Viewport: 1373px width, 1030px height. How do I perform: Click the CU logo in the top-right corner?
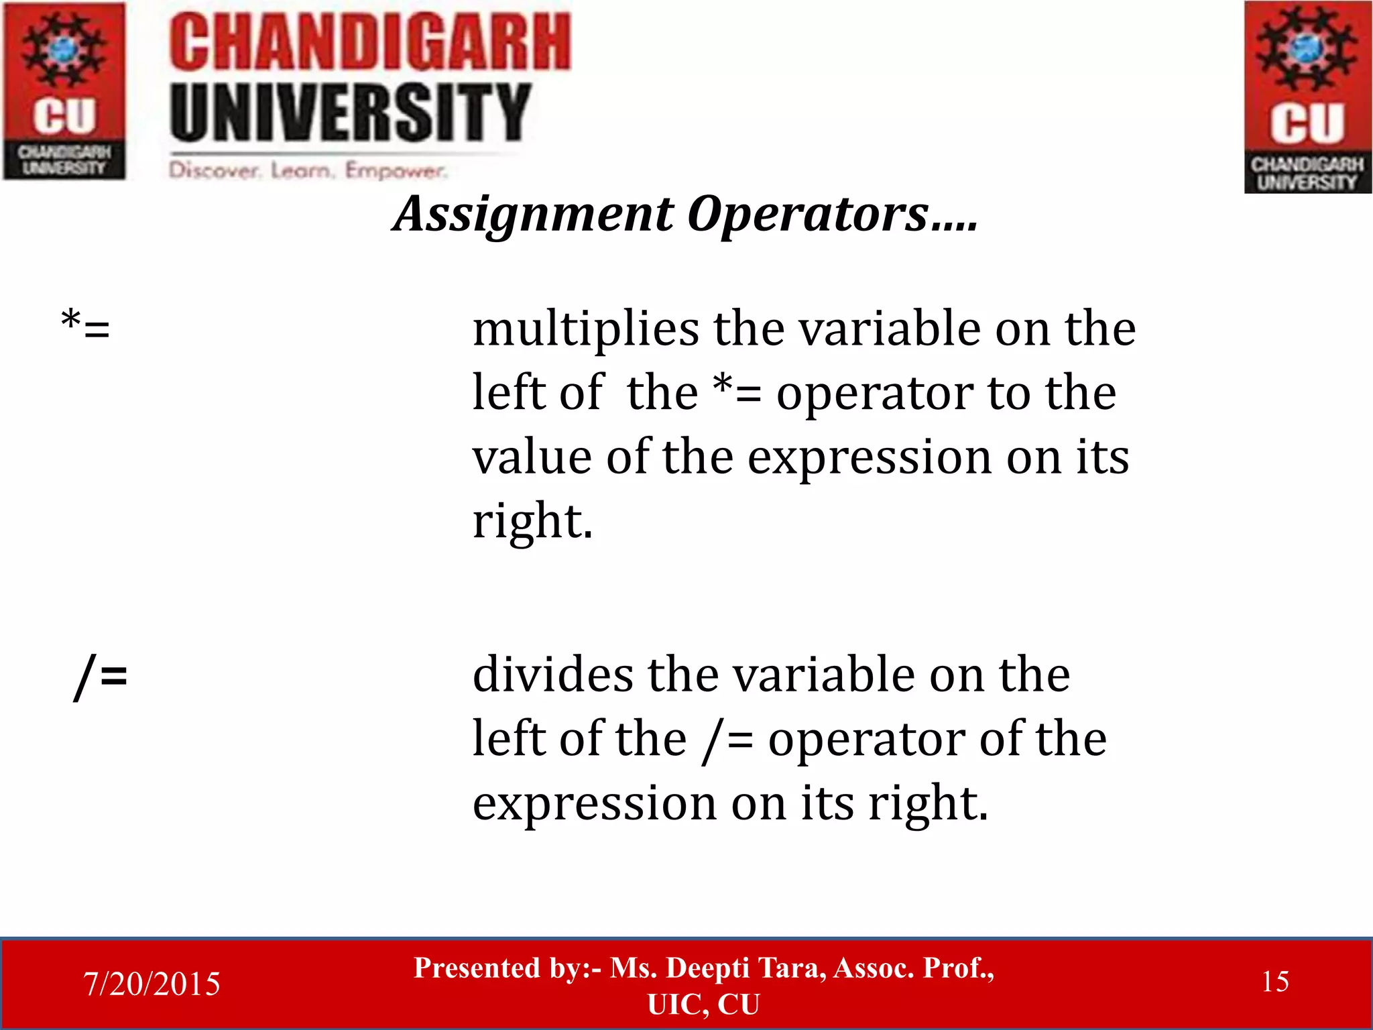[x=1307, y=97]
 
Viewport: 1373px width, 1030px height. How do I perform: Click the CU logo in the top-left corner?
[x=64, y=91]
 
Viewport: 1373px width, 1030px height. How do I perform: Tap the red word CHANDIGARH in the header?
[x=370, y=43]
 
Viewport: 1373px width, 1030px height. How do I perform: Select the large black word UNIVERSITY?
[x=350, y=112]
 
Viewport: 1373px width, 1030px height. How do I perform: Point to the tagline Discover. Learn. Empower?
[x=307, y=170]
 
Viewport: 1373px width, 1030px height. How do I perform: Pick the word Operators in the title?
[x=809, y=215]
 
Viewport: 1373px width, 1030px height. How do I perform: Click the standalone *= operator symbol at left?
[x=85, y=327]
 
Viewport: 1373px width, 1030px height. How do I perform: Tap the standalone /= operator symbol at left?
[x=101, y=676]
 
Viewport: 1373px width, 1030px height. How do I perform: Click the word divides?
[x=552, y=675]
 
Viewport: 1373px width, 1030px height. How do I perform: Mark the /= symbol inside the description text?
[x=727, y=740]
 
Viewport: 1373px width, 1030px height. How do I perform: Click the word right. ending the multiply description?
[x=532, y=521]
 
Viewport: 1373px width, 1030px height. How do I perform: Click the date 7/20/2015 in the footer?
[x=152, y=984]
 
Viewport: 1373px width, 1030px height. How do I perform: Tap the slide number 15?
[x=1274, y=982]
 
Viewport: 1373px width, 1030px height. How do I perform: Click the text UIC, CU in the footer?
[x=703, y=1005]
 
